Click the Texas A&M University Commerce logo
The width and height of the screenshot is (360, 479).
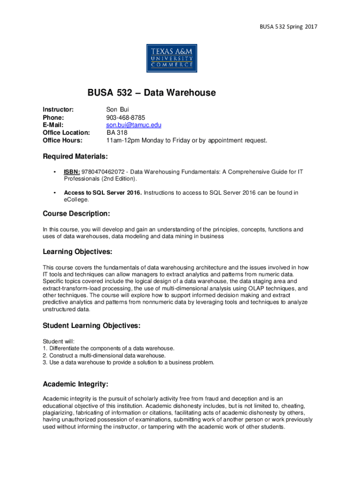[x=172, y=58]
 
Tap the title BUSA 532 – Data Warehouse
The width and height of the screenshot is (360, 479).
[x=151, y=93]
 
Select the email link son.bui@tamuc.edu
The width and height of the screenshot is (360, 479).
[x=133, y=125]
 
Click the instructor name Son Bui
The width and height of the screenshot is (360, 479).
[x=114, y=109]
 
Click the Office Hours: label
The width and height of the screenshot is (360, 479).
[x=63, y=140]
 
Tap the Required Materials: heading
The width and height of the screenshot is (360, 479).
[x=75, y=156]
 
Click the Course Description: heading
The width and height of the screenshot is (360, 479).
[x=76, y=214]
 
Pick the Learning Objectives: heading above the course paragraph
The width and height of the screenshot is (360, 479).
[x=77, y=252]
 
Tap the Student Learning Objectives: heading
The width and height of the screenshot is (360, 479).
[x=92, y=326]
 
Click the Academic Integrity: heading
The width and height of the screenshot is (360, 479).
[x=75, y=384]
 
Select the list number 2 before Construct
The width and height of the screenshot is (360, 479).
[x=44, y=356]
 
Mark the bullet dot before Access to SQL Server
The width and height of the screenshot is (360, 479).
[x=55, y=192]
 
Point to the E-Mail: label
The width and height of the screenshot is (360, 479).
[x=53, y=125]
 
